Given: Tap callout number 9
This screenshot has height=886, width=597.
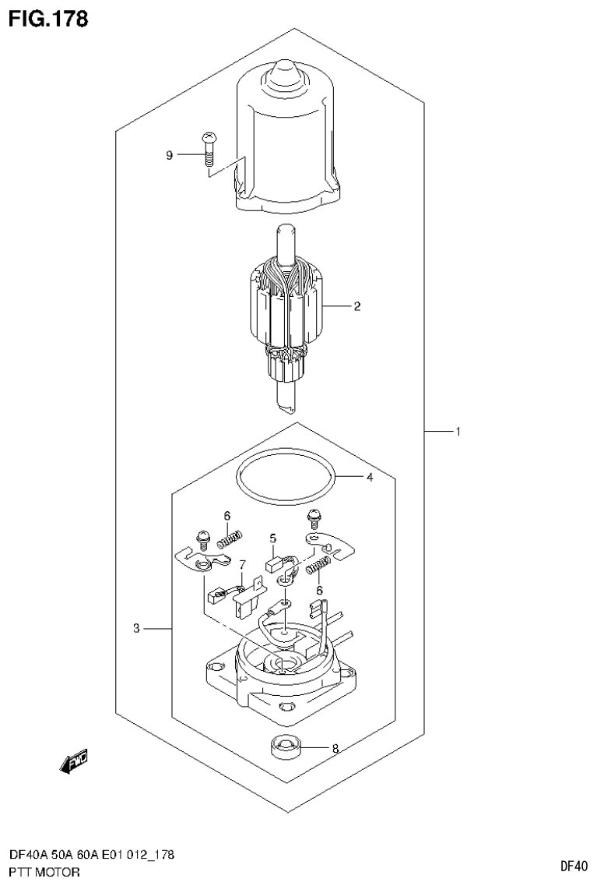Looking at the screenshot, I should [x=169, y=155].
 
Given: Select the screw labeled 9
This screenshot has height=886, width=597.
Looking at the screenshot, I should [x=208, y=149].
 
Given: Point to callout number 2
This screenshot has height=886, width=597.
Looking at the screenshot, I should [x=356, y=306].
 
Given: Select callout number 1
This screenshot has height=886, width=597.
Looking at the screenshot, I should [x=458, y=431].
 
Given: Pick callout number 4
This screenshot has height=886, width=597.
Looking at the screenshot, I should [x=370, y=478].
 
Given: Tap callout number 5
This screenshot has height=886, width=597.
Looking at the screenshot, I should [x=273, y=538].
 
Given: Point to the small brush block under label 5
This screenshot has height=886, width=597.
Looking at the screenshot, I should [x=275, y=564].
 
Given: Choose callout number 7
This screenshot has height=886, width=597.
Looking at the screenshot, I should [x=242, y=563].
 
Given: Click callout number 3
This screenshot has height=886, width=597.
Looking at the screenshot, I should [x=136, y=628].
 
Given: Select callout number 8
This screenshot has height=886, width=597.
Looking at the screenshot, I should [x=335, y=750].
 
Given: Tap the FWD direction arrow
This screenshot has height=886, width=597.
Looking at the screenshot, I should [x=74, y=761].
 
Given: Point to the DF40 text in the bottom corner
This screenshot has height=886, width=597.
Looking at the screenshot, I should [x=574, y=866].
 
